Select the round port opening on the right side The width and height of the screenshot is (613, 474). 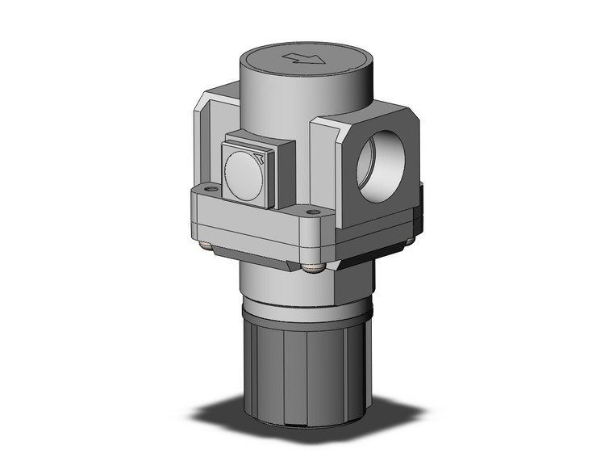pyautogui.click(x=379, y=172)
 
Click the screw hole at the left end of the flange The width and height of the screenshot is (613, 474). pyautogui.click(x=211, y=190)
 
